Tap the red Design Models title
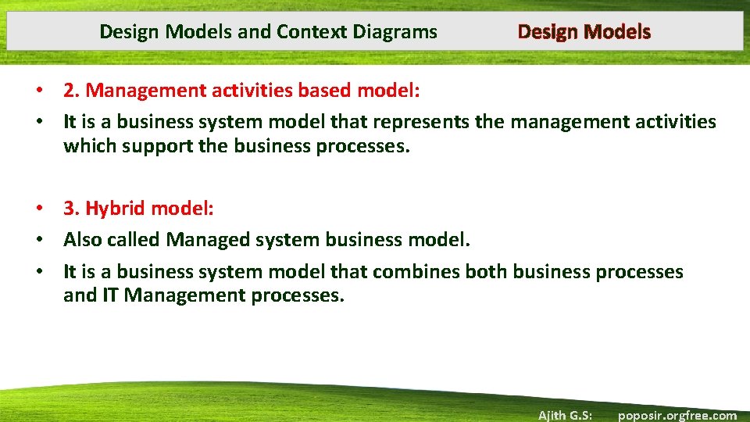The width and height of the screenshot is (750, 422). click(584, 32)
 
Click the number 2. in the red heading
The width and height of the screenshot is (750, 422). click(73, 91)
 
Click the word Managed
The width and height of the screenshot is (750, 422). click(208, 240)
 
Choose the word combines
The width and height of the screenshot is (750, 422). click(416, 272)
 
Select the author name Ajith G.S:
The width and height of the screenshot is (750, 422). click(565, 415)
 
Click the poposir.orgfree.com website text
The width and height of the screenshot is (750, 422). click(677, 415)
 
